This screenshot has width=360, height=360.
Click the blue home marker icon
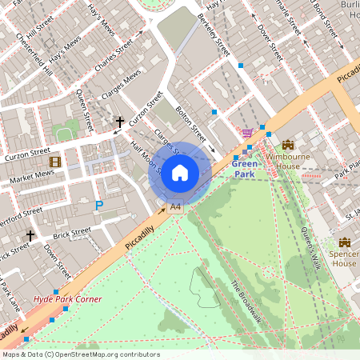pos(179,173)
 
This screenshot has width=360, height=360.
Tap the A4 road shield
pos(175,207)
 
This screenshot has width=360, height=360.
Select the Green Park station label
pos(245,168)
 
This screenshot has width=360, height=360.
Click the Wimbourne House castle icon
pos(287,145)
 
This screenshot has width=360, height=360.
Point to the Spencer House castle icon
pos(345,242)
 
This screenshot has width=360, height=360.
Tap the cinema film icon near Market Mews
pos(54,162)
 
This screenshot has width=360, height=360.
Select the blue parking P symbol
pos(99,206)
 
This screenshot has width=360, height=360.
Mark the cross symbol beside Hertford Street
pos(30,236)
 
